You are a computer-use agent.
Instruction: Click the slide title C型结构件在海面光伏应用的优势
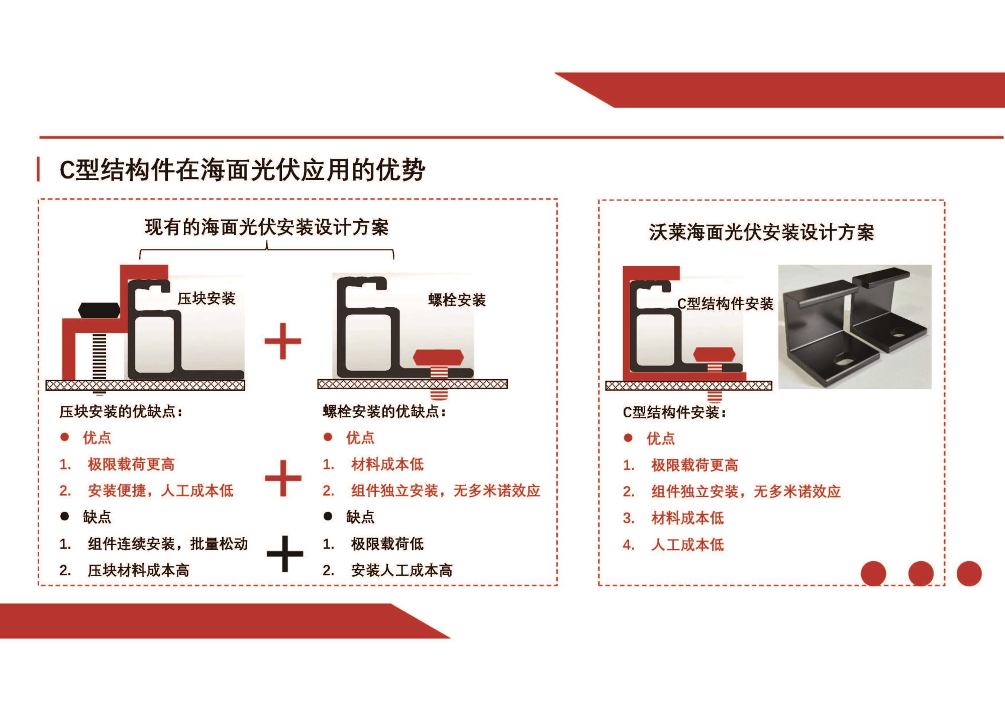click(x=242, y=170)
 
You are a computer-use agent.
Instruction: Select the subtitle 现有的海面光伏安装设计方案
click(x=267, y=227)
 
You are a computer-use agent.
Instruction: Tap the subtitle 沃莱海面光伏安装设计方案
click(x=761, y=232)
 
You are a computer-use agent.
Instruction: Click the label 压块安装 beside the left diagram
click(x=206, y=299)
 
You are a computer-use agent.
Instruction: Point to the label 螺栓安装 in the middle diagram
click(x=457, y=300)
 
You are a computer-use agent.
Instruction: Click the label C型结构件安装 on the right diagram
click(x=725, y=304)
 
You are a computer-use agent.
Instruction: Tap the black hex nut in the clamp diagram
click(x=99, y=310)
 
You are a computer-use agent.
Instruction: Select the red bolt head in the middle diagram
click(x=438, y=358)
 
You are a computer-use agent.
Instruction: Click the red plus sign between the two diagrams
click(x=283, y=341)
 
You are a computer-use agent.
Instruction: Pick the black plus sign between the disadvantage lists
click(x=285, y=554)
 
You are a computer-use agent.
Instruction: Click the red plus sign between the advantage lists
click(x=283, y=478)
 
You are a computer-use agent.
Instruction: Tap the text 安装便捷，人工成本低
click(x=160, y=490)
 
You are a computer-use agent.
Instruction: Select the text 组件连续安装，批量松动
click(x=168, y=544)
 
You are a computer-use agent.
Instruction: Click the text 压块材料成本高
click(x=139, y=570)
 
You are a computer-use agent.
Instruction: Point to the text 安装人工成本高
click(x=402, y=570)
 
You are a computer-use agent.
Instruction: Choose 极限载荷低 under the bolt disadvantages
click(x=387, y=544)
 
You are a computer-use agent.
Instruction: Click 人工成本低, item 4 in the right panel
click(x=687, y=545)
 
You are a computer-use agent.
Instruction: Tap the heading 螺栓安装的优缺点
click(x=384, y=412)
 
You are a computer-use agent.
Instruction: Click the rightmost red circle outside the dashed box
click(x=969, y=574)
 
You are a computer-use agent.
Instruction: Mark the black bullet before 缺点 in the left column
click(x=64, y=516)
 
